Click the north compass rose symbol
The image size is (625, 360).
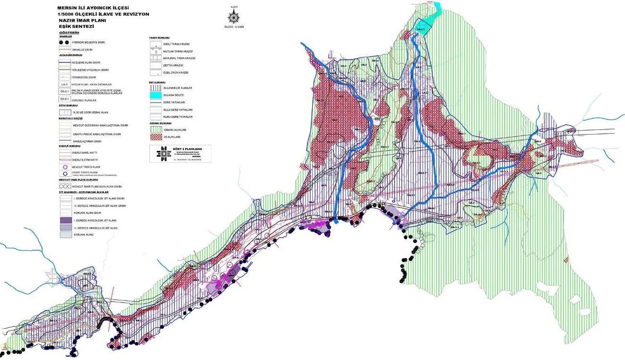pos(234,17)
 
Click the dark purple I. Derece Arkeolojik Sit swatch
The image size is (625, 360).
pos(65,220)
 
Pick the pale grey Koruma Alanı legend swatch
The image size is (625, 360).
pos(65,235)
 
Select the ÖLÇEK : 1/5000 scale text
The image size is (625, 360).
pos(234,27)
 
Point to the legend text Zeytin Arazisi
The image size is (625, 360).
pos(172,65)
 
